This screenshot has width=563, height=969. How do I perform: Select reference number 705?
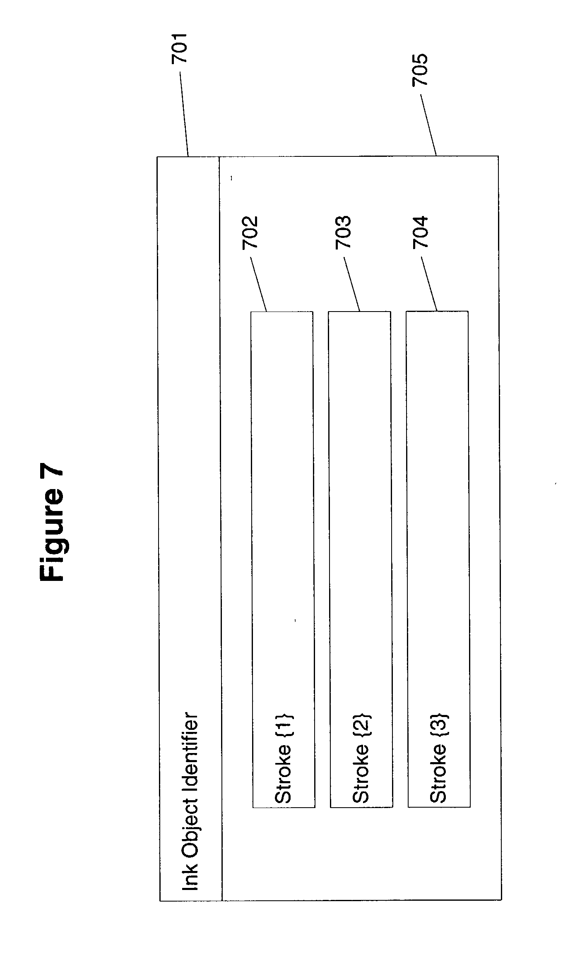[420, 70]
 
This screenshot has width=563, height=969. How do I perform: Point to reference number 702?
[250, 232]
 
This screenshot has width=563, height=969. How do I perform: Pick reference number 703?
[343, 232]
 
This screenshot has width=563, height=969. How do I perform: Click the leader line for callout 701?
[184, 114]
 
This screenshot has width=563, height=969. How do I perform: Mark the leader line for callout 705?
[428, 125]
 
